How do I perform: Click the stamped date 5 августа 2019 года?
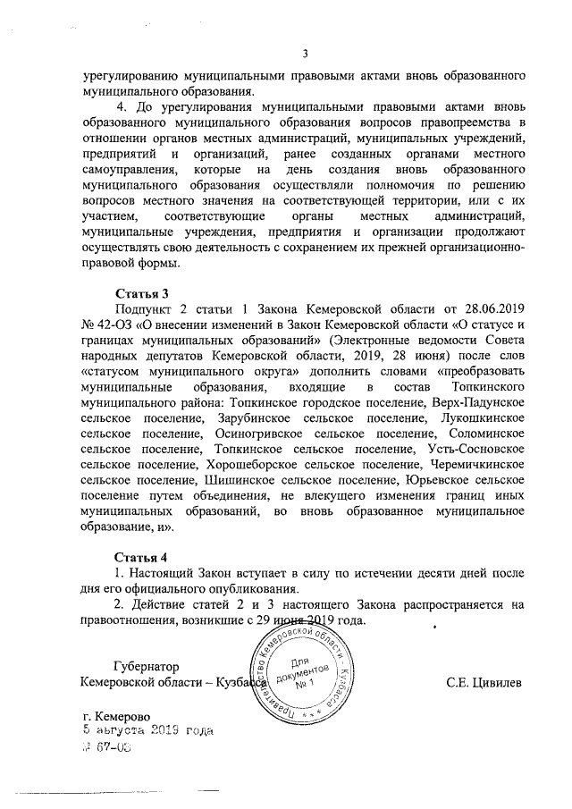point(147,732)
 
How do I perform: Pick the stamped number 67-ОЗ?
point(113,748)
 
